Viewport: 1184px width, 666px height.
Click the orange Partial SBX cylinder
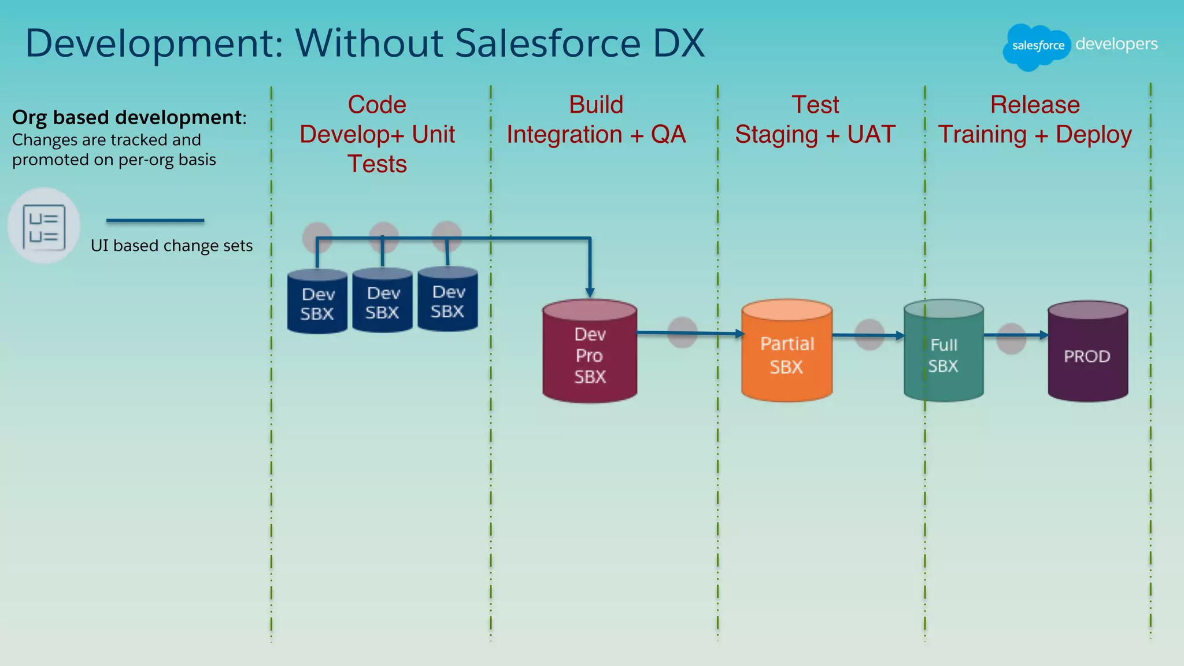pos(787,353)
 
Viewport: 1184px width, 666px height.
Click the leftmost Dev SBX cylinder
pos(317,303)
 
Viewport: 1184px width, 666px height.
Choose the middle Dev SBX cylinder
pos(382,302)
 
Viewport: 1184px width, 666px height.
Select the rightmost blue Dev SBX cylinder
pos(447,301)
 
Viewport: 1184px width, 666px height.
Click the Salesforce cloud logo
pos(1037,46)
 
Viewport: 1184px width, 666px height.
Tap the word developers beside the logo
pos(1116,44)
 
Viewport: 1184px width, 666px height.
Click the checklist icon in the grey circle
pos(44,227)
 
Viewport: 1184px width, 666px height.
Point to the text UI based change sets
pos(172,246)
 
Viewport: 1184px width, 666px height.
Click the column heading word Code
pos(377,105)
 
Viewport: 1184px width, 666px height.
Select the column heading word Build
pos(596,105)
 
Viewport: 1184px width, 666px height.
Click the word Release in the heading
pos(1035,105)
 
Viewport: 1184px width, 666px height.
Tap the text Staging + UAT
pos(815,135)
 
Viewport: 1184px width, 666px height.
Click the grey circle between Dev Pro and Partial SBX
pos(682,332)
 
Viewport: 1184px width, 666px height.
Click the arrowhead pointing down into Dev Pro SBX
pos(590,293)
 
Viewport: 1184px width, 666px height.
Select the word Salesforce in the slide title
pos(547,43)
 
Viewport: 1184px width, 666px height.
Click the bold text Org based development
pos(127,117)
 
